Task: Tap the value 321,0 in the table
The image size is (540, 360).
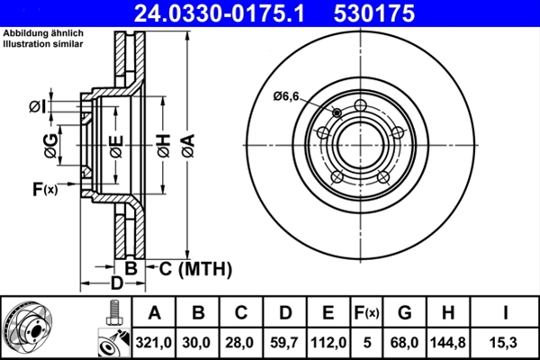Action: point(154,341)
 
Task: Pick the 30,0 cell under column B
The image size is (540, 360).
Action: point(198,341)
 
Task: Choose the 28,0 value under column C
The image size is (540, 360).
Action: point(241,341)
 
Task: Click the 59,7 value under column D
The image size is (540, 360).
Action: point(285,341)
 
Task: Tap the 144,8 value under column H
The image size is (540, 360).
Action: point(448,341)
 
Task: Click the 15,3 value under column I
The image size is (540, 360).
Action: point(506,341)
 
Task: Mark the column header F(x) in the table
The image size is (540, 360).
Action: point(366,313)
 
